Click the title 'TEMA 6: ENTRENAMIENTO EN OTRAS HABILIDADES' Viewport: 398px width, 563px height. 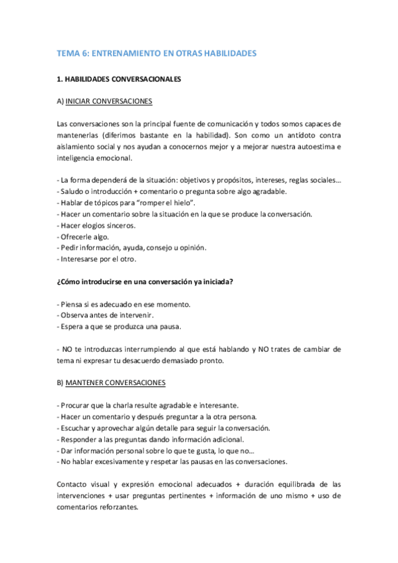156,53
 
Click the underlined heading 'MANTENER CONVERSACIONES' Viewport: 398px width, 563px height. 116,383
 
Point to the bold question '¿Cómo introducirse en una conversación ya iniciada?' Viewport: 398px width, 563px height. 145,281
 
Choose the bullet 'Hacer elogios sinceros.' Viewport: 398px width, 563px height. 97,225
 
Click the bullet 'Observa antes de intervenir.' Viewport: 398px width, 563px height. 106,315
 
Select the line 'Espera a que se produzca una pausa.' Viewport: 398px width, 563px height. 120,327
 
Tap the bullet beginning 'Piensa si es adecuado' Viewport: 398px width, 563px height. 124,304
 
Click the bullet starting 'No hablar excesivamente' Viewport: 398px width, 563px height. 173,461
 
